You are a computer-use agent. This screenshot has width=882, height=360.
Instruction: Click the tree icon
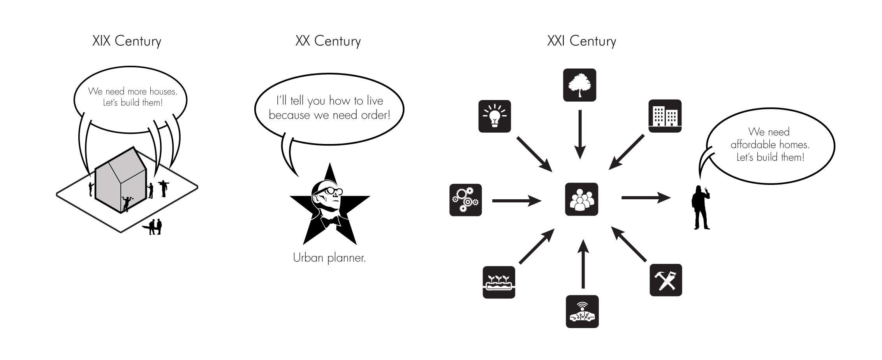point(579,85)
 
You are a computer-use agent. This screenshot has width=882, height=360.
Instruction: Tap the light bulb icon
point(495,116)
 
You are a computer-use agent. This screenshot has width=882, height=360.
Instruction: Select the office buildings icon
point(665,116)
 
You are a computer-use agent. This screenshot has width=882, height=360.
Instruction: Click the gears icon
point(465,200)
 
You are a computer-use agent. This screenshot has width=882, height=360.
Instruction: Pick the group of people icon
point(581,199)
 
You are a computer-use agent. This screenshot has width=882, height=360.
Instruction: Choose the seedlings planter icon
point(499,282)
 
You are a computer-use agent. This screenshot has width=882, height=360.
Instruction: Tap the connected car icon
point(582,312)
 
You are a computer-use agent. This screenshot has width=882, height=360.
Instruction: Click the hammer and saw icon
point(666,280)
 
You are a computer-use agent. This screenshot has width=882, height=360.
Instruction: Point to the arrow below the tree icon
point(580,134)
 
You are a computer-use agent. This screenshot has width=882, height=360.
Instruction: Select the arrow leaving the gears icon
point(517,201)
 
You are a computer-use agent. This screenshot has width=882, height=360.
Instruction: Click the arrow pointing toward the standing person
point(646,198)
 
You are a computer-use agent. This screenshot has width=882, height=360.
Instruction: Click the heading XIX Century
point(127,41)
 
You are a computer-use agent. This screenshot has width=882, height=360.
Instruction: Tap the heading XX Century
point(328,41)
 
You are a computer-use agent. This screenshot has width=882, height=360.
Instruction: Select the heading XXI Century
point(581,41)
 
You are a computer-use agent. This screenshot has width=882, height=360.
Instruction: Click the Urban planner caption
point(329,258)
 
